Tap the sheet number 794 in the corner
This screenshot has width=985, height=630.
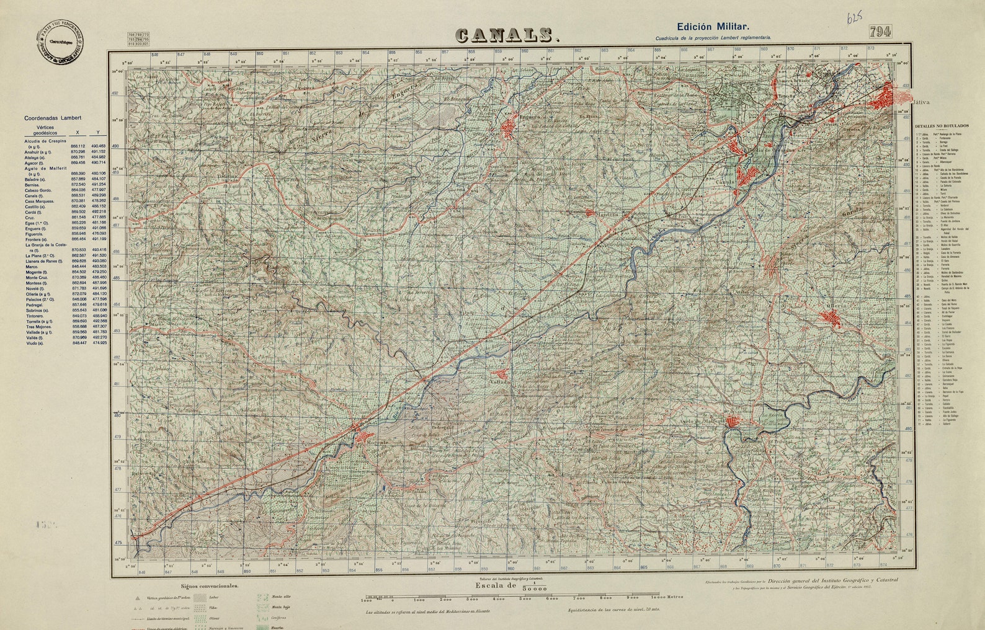pos(881,32)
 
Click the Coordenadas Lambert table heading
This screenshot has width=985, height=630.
pos(53,117)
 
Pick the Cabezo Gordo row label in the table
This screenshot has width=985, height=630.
pos(38,190)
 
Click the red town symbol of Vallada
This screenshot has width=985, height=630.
pos(501,374)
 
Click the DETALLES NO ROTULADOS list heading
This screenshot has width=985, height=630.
pos(941,126)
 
